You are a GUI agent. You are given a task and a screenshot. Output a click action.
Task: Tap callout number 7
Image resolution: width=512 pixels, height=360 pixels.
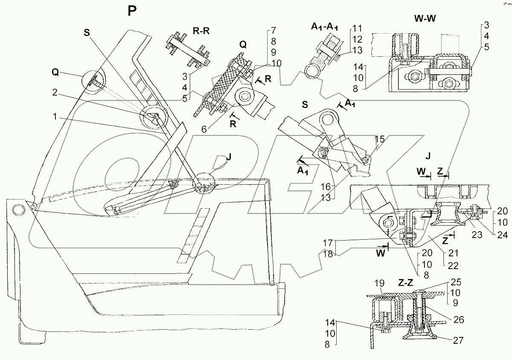[x=273, y=31]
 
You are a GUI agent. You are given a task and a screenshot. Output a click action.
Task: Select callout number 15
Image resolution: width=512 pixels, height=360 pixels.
[x=380, y=139]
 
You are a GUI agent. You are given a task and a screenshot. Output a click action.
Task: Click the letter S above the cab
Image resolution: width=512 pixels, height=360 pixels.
[x=87, y=33]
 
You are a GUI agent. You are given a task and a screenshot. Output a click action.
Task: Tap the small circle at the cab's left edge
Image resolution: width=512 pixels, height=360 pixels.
[x=18, y=210]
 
